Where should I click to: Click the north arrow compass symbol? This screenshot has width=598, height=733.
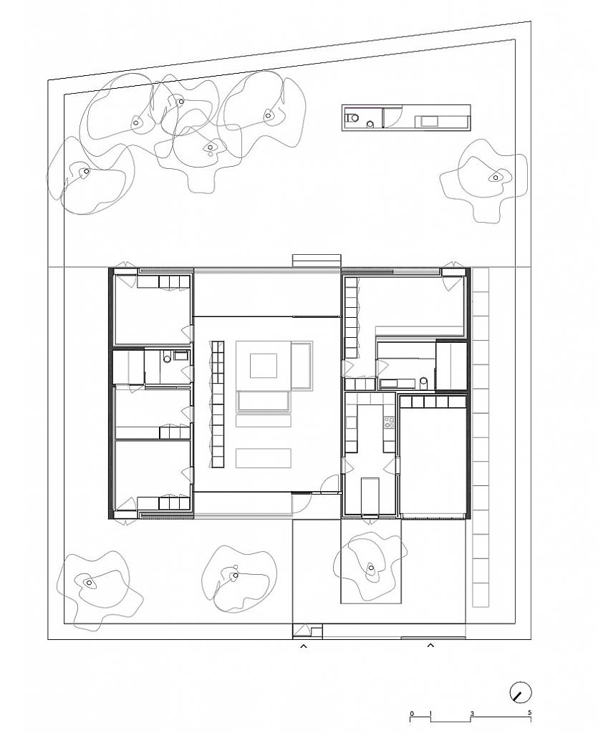tap(521, 693)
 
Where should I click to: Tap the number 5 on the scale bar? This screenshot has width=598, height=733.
tap(529, 712)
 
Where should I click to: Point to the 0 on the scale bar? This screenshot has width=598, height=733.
tap(412, 712)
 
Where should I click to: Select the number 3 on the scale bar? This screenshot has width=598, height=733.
tap(473, 712)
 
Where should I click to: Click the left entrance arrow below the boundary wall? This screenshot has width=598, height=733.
tap(303, 646)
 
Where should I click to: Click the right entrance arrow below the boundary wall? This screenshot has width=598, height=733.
tap(430, 646)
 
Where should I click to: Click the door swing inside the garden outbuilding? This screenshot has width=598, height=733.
tap(390, 117)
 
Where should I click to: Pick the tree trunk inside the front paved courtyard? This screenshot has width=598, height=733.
tap(371, 569)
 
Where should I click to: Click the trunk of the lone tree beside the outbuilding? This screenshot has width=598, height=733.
tap(493, 177)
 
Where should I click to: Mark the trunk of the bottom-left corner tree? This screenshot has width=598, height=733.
tap(90, 583)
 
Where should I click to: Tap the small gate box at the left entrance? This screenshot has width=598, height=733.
tap(308, 632)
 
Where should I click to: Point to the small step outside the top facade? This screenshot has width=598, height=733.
tap(315, 260)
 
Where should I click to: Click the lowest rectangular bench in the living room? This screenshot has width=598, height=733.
tap(263, 458)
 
